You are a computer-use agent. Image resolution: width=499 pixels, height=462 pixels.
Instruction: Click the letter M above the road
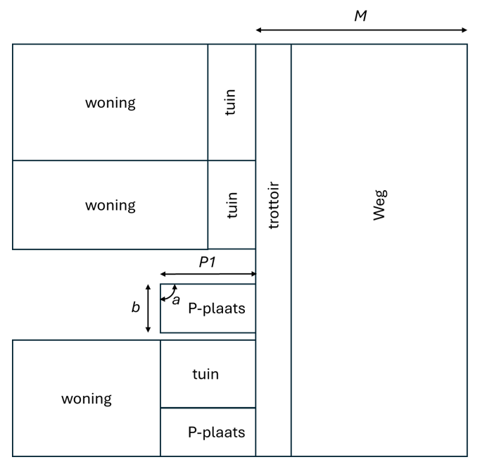[x=360, y=15]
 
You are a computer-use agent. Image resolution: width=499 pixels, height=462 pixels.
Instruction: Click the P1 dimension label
[x=206, y=262]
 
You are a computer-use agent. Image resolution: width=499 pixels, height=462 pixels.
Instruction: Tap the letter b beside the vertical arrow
[x=136, y=308]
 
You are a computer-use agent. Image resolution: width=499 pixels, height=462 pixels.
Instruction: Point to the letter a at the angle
[x=176, y=300]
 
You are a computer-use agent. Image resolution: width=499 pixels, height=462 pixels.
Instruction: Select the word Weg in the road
[x=380, y=204]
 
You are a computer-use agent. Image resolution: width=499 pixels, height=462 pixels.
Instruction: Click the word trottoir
[x=274, y=205]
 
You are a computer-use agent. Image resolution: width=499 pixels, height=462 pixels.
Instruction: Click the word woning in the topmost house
[x=110, y=103]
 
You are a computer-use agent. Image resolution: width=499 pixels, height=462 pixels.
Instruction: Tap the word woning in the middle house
[x=110, y=206]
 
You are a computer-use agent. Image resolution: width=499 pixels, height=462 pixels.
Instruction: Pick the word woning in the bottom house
[x=86, y=399]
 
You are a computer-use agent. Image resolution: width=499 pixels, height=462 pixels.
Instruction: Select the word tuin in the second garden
[x=232, y=205]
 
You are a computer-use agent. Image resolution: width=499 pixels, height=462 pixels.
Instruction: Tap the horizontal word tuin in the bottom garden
[x=206, y=374]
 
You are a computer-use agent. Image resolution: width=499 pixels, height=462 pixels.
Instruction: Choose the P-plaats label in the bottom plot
[x=216, y=432]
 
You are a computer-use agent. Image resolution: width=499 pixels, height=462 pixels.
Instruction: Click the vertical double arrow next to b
[x=148, y=308]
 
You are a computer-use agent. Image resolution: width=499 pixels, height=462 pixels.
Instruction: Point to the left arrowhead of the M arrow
[x=258, y=30]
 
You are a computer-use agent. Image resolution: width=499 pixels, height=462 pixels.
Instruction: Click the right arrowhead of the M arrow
[x=465, y=30]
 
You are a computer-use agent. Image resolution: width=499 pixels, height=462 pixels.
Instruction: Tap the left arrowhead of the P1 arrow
[x=163, y=274]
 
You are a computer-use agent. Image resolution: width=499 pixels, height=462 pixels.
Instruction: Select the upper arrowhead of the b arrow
[x=148, y=287]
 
